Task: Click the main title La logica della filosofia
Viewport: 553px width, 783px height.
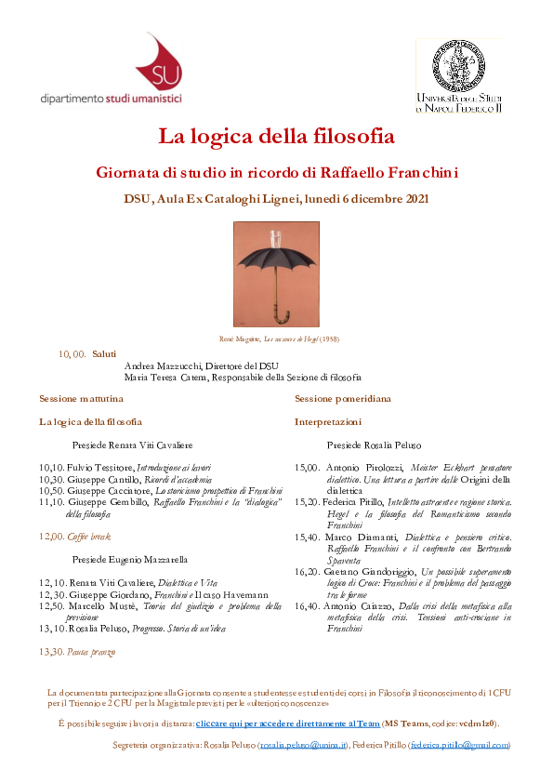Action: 276,136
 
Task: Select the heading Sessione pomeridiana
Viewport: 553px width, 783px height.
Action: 342,398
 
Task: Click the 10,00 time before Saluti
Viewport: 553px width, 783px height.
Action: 72,354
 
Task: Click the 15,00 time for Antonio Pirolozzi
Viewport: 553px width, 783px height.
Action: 307,467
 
